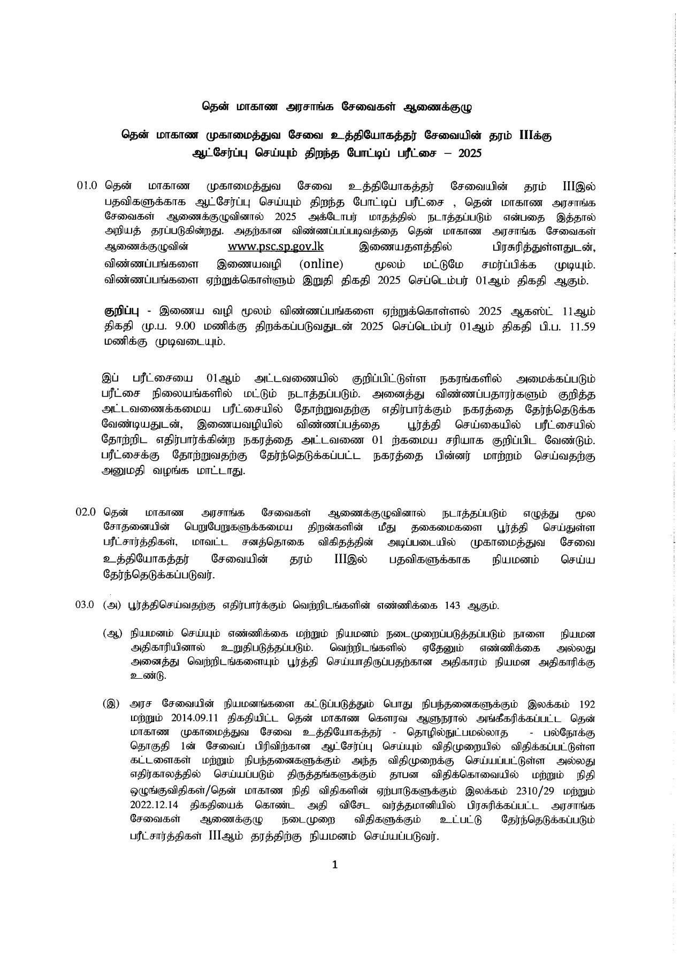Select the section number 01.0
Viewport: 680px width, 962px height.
pos(86,187)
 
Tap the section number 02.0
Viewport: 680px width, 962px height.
pos(86,512)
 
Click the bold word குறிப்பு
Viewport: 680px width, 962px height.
pos(119,311)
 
